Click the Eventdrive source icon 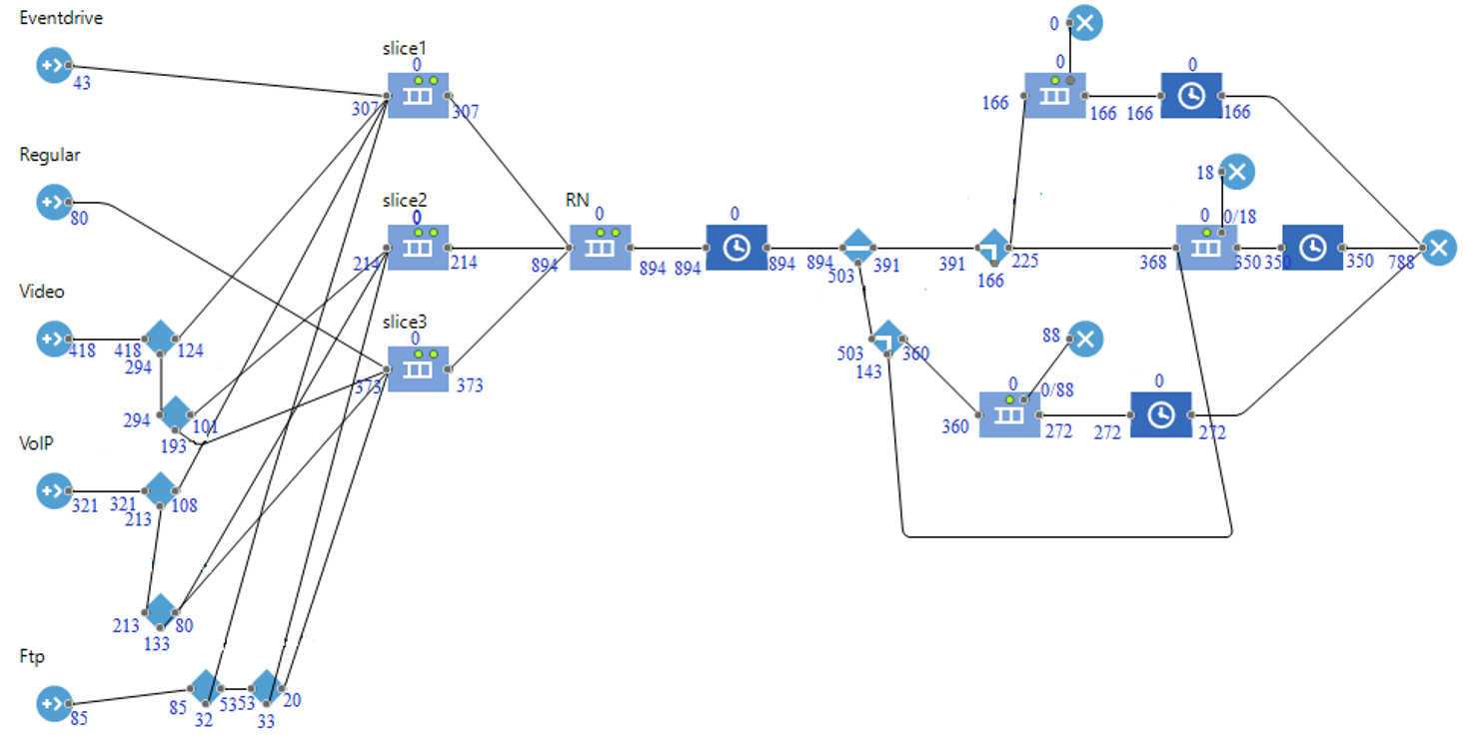51,67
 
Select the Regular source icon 51,203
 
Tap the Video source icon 51,339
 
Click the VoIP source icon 51,490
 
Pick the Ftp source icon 51,704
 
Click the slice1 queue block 418,95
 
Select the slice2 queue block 418,247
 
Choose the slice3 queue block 418,369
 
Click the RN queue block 600,247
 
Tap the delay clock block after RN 735,247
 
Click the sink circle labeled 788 1437,247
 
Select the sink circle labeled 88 1085,339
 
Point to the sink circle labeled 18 1237,172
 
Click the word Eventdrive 61,18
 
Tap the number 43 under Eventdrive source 82,84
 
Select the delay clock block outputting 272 1160,414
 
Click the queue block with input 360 1008,414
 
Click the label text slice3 404,322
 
